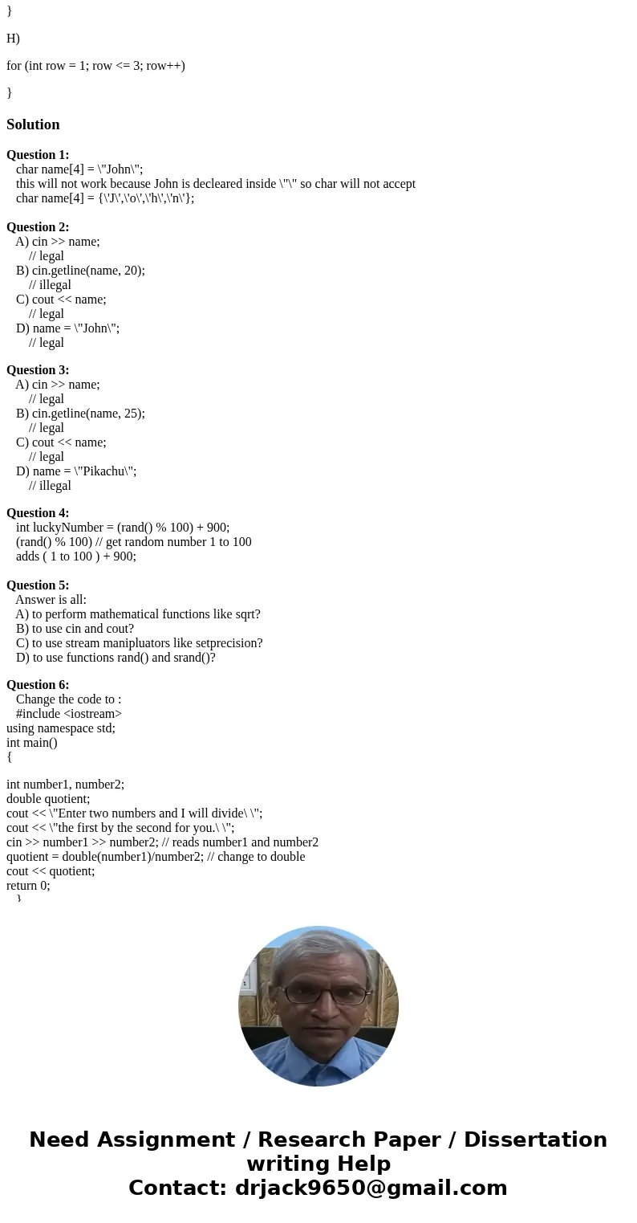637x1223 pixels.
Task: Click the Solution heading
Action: coord(33,124)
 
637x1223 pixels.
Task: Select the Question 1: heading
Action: coord(38,155)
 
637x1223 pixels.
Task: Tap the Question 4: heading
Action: coord(38,513)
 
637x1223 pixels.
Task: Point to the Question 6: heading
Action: coord(38,685)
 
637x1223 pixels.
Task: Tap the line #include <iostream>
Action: coord(69,714)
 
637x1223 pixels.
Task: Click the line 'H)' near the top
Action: coord(13,38)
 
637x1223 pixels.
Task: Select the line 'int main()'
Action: coord(32,743)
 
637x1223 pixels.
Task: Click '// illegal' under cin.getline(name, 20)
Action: coord(50,285)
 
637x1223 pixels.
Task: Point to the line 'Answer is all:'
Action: coord(51,600)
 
